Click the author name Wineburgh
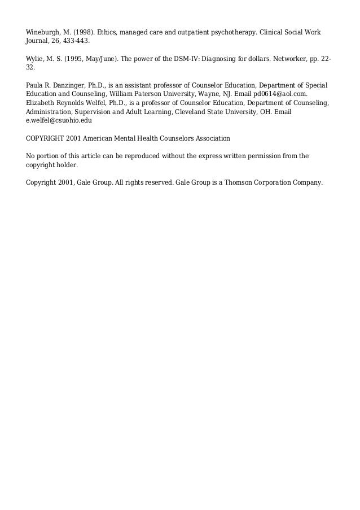pyautogui.click(x=43, y=32)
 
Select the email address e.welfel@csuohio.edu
pyautogui.click(x=59, y=120)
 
